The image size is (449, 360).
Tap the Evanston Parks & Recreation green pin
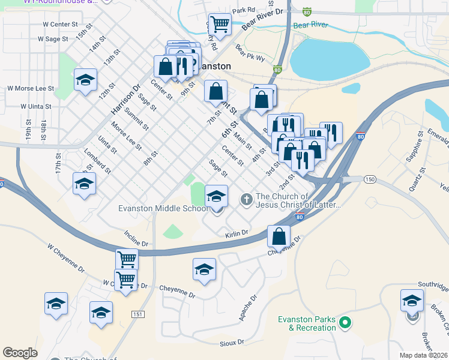point(345,323)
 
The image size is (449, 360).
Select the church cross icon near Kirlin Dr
point(246,199)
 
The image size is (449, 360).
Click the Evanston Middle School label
point(162,208)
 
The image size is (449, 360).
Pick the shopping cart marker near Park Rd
point(220,25)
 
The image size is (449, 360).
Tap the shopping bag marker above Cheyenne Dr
point(279,236)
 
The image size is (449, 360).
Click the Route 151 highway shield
point(138,314)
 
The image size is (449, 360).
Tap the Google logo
point(20,353)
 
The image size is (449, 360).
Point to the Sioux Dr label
point(234,342)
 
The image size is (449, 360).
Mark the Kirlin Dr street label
point(237,233)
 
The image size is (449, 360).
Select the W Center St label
point(61,25)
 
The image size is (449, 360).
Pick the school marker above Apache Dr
point(204,269)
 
